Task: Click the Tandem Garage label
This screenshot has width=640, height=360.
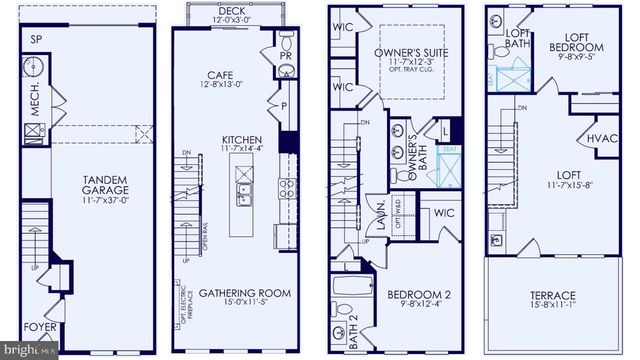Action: (100, 187)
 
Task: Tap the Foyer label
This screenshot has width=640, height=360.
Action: (40, 326)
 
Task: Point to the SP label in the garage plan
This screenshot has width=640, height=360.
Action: (37, 40)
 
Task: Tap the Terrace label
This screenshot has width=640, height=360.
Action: (552, 296)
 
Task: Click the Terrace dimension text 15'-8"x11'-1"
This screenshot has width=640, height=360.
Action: (552, 308)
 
